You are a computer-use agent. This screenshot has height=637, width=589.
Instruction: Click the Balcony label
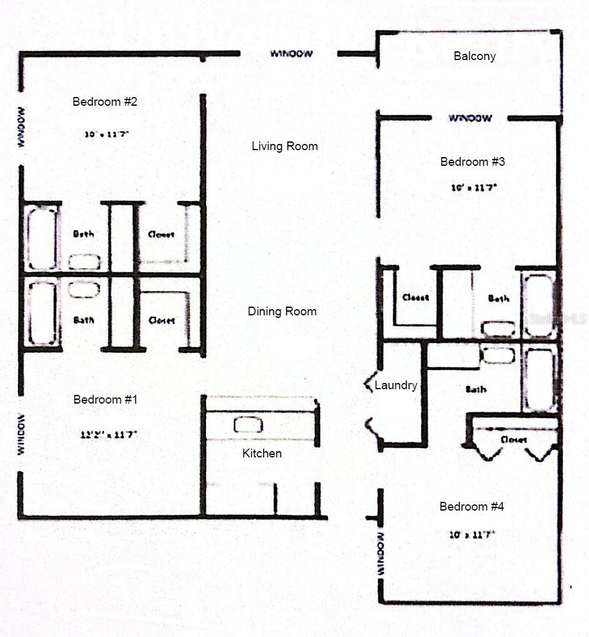click(x=474, y=56)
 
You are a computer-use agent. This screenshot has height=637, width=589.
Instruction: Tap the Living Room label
click(x=285, y=146)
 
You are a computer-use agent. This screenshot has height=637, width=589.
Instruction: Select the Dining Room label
click(x=282, y=312)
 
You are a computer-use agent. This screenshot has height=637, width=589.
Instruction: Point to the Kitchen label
click(x=262, y=453)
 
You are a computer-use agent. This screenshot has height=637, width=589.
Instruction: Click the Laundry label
click(x=396, y=385)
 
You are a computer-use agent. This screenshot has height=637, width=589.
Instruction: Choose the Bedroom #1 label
click(x=105, y=399)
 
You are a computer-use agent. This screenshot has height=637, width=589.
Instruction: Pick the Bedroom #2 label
click(x=105, y=101)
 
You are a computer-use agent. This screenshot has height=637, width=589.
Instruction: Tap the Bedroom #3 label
click(x=473, y=162)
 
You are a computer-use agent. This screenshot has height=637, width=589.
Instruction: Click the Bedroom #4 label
click(x=471, y=507)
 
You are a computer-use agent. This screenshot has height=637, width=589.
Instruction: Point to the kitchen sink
click(x=248, y=425)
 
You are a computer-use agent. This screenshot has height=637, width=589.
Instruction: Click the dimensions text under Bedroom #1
click(x=105, y=433)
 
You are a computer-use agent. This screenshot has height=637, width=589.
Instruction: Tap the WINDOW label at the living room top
click(x=291, y=54)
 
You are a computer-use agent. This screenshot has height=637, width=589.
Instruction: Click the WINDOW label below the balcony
click(x=470, y=118)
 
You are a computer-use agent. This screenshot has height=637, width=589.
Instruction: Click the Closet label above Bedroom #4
click(x=513, y=440)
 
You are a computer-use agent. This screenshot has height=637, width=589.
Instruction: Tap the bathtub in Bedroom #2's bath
click(x=43, y=238)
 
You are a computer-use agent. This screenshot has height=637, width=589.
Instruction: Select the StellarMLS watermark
click(x=558, y=319)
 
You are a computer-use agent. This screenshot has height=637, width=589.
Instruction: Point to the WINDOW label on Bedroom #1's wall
click(x=22, y=434)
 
